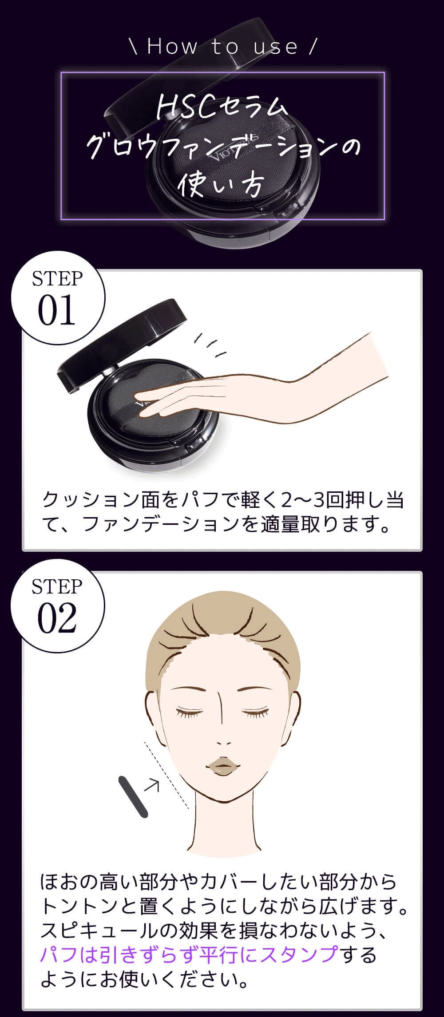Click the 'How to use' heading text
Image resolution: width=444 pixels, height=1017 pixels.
point(222,47)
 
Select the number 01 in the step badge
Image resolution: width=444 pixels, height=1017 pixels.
point(56,311)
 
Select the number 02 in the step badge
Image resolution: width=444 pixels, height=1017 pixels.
point(57,618)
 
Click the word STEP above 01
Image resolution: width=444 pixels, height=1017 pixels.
point(57,278)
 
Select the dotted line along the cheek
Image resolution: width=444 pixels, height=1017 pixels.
point(166,775)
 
